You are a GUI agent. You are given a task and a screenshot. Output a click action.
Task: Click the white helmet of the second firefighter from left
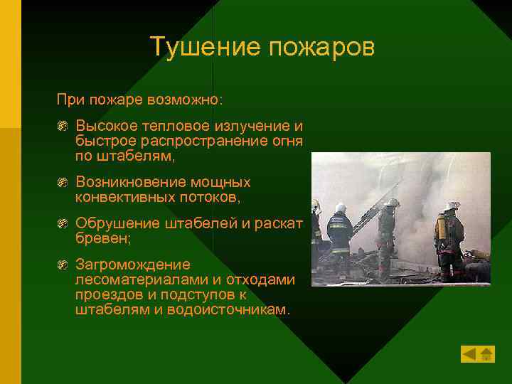coord(341,208)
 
